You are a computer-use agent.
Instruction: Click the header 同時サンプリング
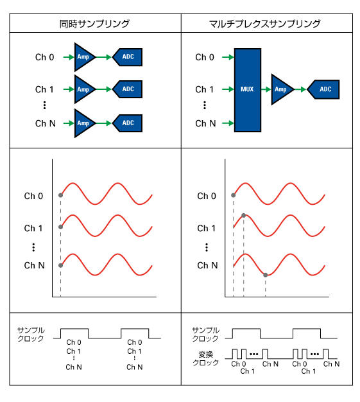coord(94,24)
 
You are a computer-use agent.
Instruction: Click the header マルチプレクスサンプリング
coord(264,24)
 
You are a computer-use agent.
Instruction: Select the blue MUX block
coord(248,91)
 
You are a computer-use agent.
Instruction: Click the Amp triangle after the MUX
coord(281,89)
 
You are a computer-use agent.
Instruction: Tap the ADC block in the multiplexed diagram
coord(323,89)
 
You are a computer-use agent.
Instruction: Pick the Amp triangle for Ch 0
coord(83,57)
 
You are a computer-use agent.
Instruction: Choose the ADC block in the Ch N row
coord(127,123)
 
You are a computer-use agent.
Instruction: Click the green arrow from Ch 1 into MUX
coord(228,89)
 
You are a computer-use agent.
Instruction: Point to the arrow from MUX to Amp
coord(266,89)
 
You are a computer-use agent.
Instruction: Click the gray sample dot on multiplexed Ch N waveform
coord(266,275)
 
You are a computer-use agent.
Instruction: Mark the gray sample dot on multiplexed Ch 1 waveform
coord(244,216)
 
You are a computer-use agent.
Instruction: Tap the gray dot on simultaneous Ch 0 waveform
coord(60,195)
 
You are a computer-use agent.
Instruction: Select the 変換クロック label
coord(205,358)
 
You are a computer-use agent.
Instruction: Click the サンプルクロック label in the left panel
coord(31,335)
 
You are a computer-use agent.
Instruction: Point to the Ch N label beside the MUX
coord(205,123)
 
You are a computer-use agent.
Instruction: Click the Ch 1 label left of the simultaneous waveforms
coord(33,228)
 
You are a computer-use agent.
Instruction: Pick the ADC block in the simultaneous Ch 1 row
coord(127,89)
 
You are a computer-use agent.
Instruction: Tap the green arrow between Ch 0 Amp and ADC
coord(103,57)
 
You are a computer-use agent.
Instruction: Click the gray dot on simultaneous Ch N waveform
coord(60,265)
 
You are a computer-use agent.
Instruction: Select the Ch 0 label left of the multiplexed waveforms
coord(207,196)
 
